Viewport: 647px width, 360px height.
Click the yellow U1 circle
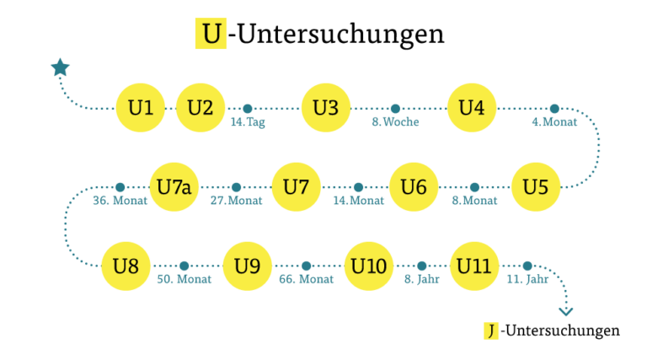click(141, 108)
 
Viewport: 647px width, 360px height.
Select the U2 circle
click(201, 108)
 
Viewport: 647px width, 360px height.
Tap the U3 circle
click(326, 108)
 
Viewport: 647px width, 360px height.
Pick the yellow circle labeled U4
click(472, 108)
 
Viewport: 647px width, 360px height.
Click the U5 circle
click(536, 187)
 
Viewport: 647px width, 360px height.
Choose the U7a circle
click(174, 187)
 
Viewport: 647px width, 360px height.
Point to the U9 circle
click(247, 266)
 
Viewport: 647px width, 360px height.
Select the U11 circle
click(474, 266)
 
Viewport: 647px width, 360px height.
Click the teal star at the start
click(61, 67)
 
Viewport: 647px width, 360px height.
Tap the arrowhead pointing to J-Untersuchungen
click(566, 312)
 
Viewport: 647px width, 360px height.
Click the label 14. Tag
click(248, 122)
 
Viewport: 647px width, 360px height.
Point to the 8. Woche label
click(395, 121)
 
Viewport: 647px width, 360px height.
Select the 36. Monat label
click(120, 201)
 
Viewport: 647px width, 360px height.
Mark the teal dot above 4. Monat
click(554, 109)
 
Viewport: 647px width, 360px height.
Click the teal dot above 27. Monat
click(237, 187)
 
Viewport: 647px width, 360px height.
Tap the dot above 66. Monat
click(306, 266)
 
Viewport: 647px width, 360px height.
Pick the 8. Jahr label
click(422, 280)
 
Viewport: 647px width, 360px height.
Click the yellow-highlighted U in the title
click(211, 34)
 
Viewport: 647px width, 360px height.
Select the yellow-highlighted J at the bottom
click(491, 330)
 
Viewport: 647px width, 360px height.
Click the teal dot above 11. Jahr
click(527, 266)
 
